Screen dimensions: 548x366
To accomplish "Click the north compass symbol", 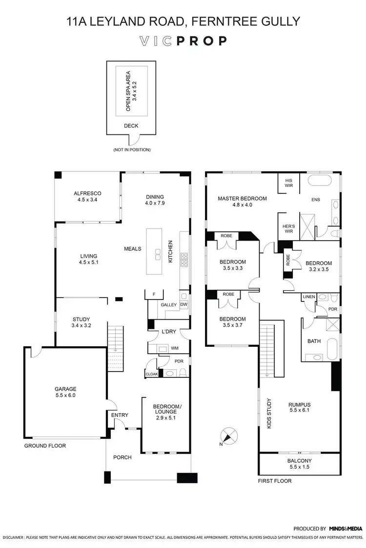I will pos(228,435).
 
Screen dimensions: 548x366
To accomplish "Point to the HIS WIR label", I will pos(288,183).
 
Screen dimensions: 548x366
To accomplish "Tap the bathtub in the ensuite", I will pos(319,182).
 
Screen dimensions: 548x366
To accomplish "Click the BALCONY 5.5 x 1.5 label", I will pos(300,464).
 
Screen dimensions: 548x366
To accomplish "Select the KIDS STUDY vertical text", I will pos(269,414).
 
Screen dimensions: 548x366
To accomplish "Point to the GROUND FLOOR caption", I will pos(45,446).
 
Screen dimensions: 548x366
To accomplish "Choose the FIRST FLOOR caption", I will pos(274,481).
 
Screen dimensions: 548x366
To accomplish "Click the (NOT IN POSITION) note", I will pos(131,150).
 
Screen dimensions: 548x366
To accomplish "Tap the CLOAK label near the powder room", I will pos(151,374).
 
